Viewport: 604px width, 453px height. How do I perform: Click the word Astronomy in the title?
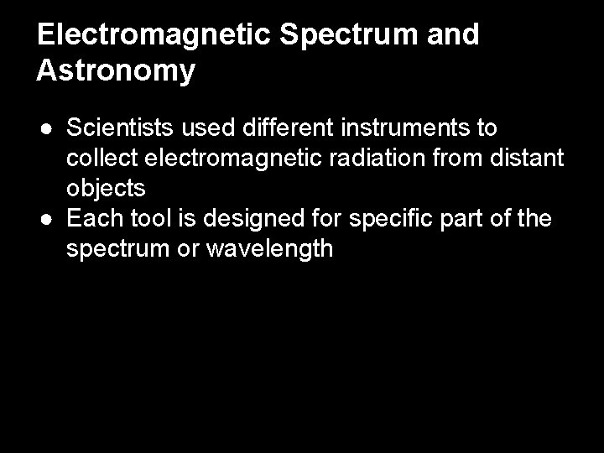[x=116, y=70]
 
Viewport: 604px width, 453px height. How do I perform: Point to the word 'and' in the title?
[x=453, y=34]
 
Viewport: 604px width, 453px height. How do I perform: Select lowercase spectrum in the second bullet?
[x=111, y=249]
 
